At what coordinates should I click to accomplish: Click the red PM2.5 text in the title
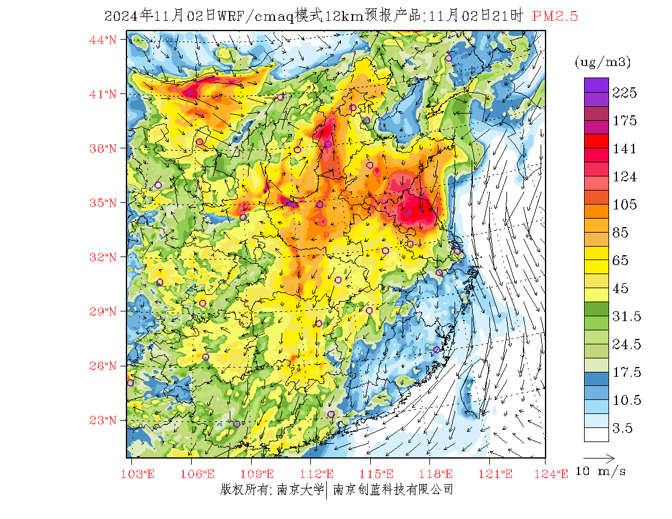coord(555,16)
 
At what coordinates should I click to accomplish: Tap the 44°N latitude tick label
coord(103,40)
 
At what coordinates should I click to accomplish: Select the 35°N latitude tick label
coord(103,203)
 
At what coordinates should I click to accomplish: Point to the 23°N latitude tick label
coord(103,420)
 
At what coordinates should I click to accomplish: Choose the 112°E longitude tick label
coord(320,474)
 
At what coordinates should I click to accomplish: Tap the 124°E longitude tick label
coord(555,474)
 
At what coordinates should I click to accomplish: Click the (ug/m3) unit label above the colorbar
coord(602,62)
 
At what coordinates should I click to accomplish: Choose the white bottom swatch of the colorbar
coord(596,434)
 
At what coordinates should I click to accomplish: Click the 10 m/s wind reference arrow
coord(599,457)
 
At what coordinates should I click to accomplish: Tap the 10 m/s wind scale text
coord(601,471)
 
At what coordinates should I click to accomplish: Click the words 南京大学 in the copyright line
coord(300,490)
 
